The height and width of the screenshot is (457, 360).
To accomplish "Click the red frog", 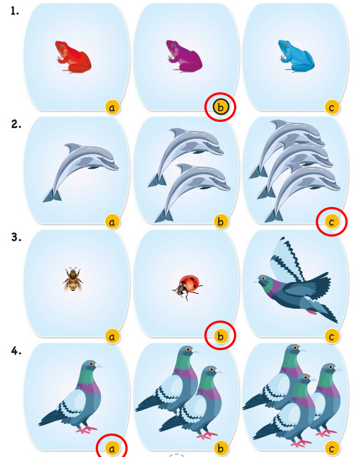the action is (x=73, y=57).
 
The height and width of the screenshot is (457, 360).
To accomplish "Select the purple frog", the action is (x=184, y=56).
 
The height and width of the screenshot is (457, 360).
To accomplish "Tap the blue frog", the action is (x=296, y=56).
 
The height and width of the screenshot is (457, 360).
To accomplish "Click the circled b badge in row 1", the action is (x=221, y=107).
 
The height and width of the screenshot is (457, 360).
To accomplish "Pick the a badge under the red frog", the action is (x=112, y=107).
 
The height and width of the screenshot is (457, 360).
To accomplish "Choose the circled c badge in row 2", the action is (x=331, y=222).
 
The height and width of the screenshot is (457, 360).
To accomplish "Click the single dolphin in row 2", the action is (x=81, y=172).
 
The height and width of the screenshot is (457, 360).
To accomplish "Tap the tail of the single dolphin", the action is (x=52, y=196).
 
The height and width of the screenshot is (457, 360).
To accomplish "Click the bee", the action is (x=73, y=280).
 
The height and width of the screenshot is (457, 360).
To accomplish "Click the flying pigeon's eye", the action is (x=264, y=279).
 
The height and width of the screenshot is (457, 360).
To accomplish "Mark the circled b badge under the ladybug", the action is (x=221, y=336).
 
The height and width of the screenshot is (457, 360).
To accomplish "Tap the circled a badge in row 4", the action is (x=112, y=449).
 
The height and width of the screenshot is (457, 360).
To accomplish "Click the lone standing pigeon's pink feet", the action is (x=86, y=430).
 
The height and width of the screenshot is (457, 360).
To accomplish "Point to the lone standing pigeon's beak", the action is (x=99, y=366).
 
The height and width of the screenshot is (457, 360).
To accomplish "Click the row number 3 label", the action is (x=16, y=238).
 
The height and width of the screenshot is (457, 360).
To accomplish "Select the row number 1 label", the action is (x=15, y=11).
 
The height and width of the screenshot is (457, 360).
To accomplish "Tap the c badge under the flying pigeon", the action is (x=331, y=337).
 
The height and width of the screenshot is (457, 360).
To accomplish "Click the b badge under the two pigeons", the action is (x=221, y=449).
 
